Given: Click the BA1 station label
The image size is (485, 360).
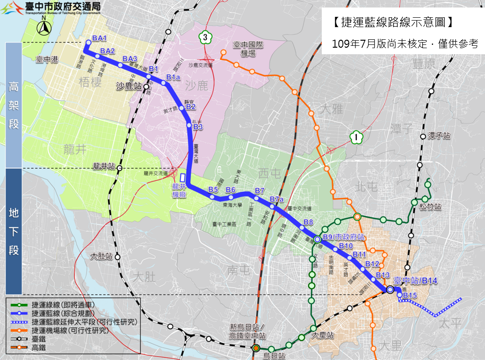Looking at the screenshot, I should [100, 38].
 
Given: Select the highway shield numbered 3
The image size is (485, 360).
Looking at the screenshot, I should [204, 37].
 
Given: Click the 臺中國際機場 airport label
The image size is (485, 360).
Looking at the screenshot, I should [245, 49].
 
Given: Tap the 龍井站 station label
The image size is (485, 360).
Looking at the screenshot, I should [104, 166].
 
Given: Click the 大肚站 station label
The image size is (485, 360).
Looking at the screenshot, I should [102, 256].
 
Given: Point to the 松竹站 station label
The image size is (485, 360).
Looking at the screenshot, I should [431, 206].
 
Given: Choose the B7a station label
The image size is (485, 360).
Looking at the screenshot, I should [277, 200].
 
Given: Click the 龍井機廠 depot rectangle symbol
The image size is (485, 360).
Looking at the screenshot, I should [182, 178].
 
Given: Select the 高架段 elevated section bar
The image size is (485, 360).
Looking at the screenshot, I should [14, 105].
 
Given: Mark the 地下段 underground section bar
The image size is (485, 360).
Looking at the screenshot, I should [14, 231].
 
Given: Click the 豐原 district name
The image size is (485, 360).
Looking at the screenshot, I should [424, 63].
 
